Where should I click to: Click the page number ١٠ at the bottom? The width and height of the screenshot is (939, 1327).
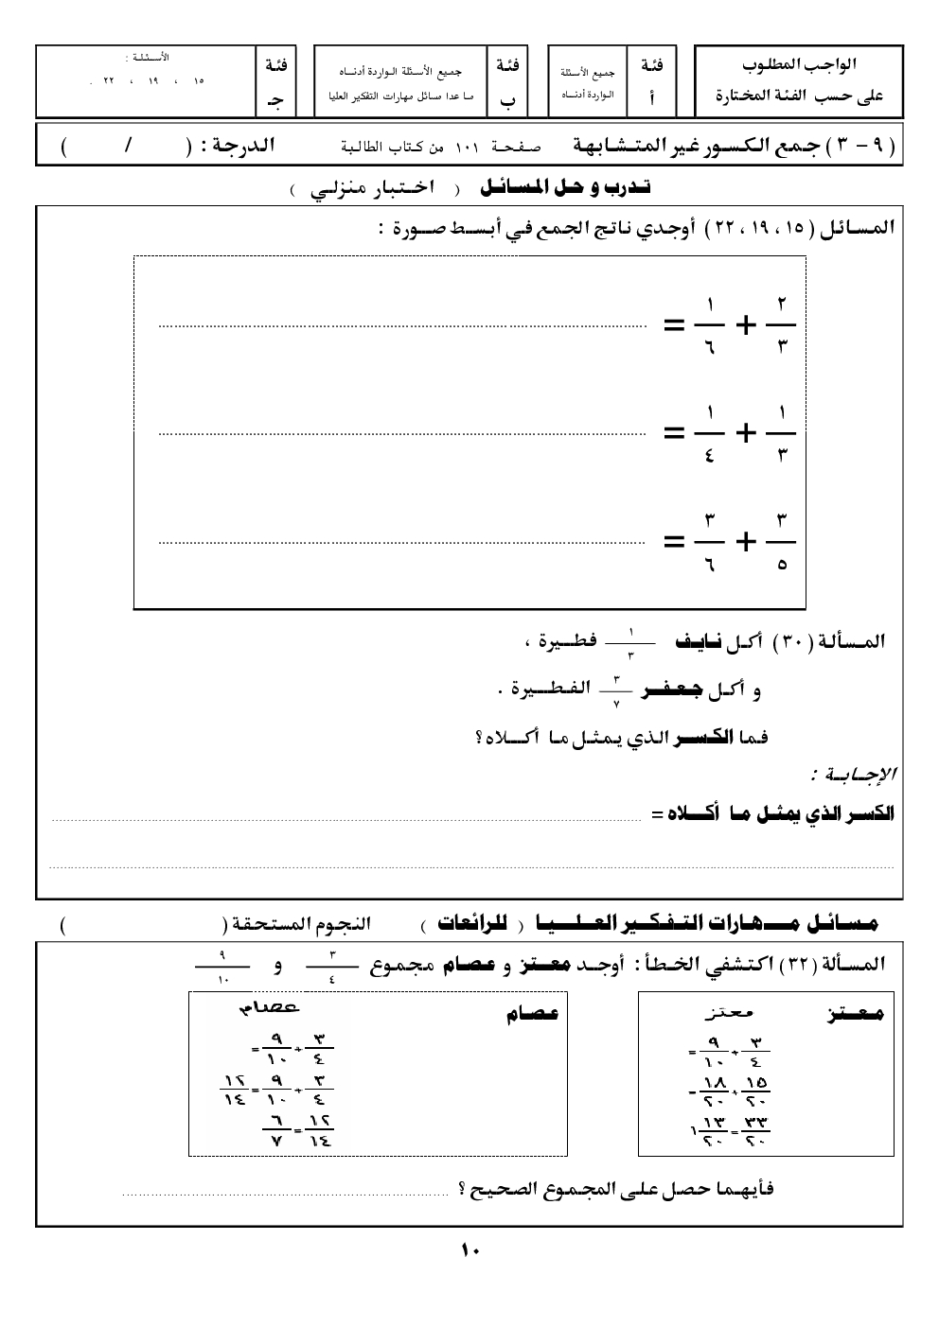click(471, 1250)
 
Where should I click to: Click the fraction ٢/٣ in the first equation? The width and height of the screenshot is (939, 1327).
click(782, 325)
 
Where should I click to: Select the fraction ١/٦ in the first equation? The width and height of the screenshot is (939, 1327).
click(709, 325)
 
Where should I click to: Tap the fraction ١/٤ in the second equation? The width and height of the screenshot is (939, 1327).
click(709, 433)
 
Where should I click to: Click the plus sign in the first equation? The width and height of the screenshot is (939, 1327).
click(747, 326)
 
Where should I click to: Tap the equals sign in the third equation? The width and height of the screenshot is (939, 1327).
click(674, 543)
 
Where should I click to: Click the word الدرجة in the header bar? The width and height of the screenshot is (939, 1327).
click(241, 148)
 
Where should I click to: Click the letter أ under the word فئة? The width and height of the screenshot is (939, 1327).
click(652, 97)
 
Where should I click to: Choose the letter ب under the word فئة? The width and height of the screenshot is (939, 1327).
click(507, 97)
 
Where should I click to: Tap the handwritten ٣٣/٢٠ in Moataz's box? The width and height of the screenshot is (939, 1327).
click(755, 1126)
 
